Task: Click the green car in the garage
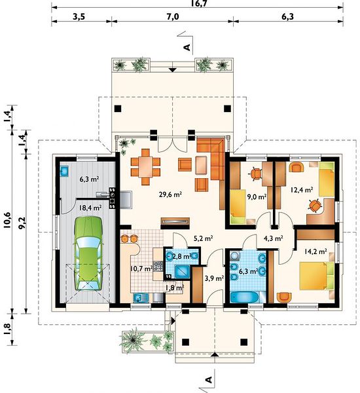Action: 88,253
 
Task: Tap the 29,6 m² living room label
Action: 170,195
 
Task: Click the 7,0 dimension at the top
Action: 172,16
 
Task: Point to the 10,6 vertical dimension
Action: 7,220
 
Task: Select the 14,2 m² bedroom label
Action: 315,251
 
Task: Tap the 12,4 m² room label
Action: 302,190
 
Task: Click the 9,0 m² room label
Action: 257,196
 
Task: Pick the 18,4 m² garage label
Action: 90,208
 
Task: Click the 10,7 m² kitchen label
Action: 141,269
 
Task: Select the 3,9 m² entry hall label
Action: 214,278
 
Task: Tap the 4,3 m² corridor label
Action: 274,238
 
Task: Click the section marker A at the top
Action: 187,47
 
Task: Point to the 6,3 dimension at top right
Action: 287,16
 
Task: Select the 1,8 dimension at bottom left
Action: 7,329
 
